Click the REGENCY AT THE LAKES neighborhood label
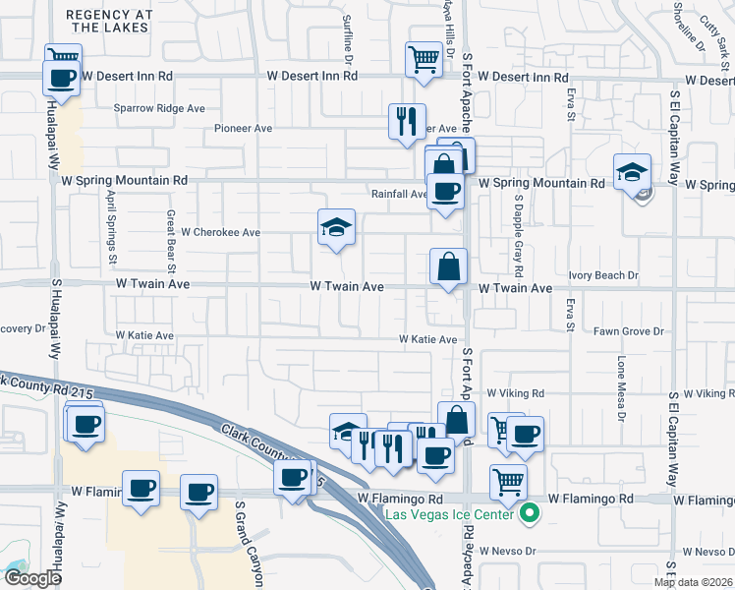(x=109, y=21)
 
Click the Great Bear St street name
(x=170, y=240)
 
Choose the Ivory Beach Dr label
(x=603, y=276)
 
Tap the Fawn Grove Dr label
(x=629, y=332)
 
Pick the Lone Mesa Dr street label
(x=621, y=386)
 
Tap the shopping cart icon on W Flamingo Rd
(x=508, y=482)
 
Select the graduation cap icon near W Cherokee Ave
(x=336, y=228)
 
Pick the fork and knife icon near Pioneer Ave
(x=407, y=122)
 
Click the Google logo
(x=31, y=578)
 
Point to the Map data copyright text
(x=693, y=582)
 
